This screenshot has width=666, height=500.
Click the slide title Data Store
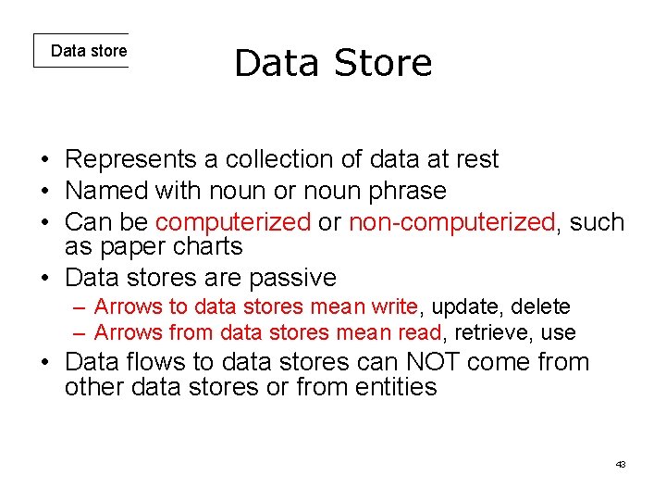pyautogui.click(x=333, y=63)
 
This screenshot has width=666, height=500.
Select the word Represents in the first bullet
pyautogui.click(x=130, y=159)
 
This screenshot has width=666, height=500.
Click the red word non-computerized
pyautogui.click(x=451, y=222)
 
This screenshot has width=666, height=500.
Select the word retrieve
pyautogui.click(x=491, y=332)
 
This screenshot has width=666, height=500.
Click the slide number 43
pyautogui.click(x=621, y=464)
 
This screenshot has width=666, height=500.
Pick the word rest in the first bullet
pyautogui.click(x=476, y=159)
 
